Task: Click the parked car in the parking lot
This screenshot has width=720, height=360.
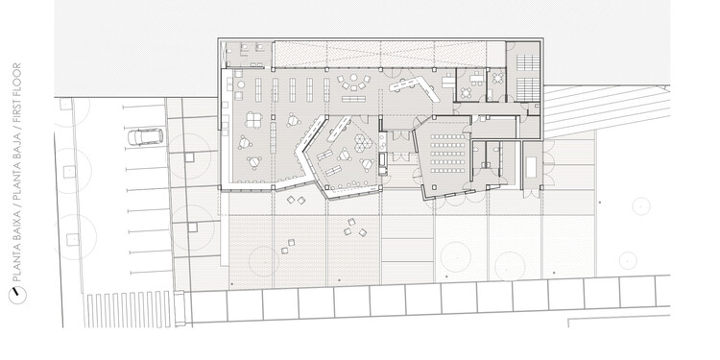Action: click(x=145, y=137)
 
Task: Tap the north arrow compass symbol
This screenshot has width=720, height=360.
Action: click(x=17, y=295)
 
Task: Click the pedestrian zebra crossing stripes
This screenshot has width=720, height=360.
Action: click(x=128, y=309)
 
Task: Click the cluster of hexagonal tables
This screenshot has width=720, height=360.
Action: click(x=363, y=142)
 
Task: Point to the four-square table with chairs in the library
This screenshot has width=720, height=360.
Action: click(x=253, y=120)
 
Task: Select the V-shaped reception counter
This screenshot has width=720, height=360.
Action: click(x=414, y=88)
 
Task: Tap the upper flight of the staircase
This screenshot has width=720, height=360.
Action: click(x=528, y=63)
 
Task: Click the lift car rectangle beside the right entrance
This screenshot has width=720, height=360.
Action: click(x=531, y=167)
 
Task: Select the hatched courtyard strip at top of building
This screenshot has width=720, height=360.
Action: click(x=379, y=54)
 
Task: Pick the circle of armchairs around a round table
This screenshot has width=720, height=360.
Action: click(x=353, y=83)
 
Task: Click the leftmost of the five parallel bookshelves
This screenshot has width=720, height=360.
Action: click(x=258, y=90)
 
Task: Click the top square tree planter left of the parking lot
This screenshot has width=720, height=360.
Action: click(x=65, y=105)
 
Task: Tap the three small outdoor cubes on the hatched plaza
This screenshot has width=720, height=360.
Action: click(x=355, y=228)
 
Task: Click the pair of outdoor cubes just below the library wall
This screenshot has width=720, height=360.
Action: click(x=297, y=200)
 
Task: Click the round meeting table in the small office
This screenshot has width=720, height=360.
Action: click(x=467, y=93)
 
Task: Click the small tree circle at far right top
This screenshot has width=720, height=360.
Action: click(x=641, y=206)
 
